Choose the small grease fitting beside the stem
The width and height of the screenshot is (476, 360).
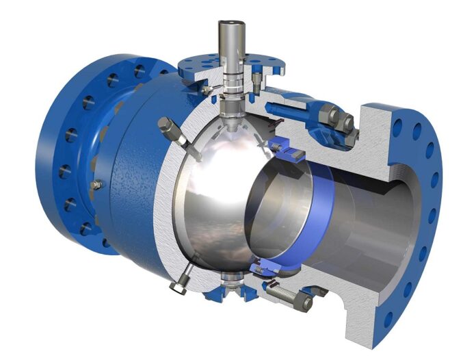205,89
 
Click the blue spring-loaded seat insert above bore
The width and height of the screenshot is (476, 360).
283,145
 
